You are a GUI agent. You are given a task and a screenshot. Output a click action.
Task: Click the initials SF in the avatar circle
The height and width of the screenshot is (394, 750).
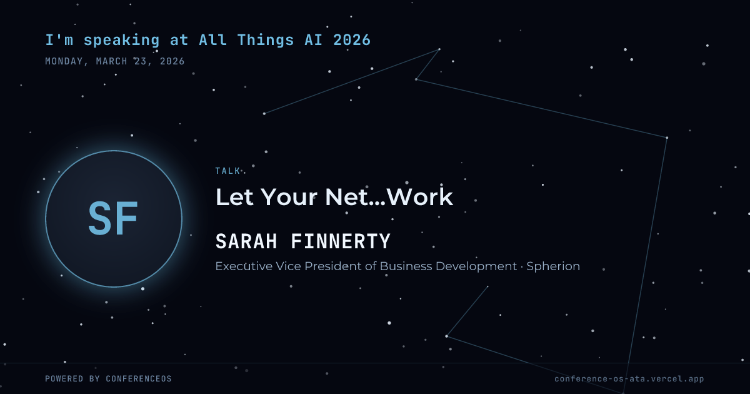coord(113,218)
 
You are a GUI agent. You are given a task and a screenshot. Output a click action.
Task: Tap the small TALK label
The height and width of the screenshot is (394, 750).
coord(227,171)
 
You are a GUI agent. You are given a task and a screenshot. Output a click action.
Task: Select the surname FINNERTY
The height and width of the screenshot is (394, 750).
coord(341,241)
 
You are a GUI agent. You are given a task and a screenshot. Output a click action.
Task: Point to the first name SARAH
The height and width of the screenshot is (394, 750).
coord(246,241)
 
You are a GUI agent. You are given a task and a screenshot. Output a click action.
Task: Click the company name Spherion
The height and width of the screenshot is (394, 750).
coord(553,266)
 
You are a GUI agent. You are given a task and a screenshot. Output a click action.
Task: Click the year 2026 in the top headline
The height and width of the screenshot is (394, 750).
coord(352,40)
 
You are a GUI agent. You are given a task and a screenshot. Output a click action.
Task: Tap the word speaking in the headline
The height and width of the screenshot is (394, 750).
coord(121,41)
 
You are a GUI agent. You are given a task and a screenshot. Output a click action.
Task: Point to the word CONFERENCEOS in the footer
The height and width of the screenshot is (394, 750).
coord(139,378)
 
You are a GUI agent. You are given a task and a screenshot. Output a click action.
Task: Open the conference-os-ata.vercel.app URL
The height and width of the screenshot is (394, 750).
coord(629,379)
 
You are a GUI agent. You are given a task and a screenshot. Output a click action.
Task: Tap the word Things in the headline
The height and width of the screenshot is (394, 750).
coord(266,41)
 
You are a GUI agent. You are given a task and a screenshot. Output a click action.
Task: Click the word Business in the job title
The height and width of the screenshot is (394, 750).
coord(406,266)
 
